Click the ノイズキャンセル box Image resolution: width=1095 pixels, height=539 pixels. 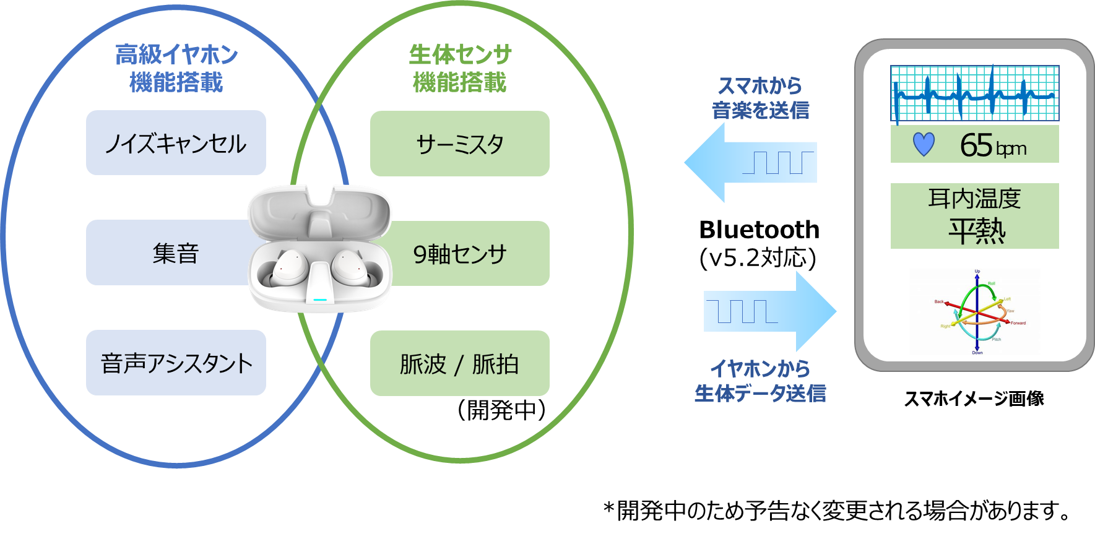176,143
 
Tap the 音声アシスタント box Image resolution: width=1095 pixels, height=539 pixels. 176,363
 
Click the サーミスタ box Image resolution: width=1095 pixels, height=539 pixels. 459,144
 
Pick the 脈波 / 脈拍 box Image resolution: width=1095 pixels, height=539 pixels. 459,363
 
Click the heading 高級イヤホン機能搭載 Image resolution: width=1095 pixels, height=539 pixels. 176,68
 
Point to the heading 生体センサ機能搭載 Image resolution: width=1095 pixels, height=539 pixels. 460,68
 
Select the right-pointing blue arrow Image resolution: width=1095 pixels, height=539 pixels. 771,311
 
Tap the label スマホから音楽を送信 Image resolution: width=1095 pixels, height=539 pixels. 760,98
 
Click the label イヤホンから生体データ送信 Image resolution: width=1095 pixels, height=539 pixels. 760,381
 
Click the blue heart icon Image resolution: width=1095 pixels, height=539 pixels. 924,144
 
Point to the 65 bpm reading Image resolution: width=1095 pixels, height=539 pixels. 993,145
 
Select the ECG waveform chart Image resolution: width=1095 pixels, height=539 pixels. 974,93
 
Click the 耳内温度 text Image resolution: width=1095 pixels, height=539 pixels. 974,199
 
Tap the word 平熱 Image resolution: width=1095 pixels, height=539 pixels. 977,231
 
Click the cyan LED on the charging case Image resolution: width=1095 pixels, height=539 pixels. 320,300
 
